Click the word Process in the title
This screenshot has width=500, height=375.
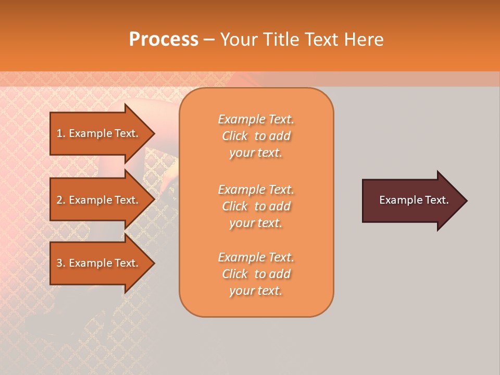point(164,40)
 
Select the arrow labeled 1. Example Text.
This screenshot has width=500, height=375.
point(99,133)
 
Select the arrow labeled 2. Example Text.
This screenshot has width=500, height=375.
point(99,200)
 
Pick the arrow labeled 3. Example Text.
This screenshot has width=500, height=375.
point(99,263)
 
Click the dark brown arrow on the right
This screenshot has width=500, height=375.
point(411,200)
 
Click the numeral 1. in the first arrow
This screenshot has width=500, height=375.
point(60,133)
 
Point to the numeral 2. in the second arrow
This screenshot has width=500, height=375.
point(60,200)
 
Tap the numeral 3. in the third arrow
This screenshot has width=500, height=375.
point(60,263)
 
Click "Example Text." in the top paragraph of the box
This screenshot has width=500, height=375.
point(256,119)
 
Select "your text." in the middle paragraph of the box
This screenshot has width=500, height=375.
point(256,223)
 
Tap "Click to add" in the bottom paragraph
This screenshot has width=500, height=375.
point(256,274)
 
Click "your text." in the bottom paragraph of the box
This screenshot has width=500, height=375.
point(256,291)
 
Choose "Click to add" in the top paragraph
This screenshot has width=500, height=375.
point(256,136)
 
